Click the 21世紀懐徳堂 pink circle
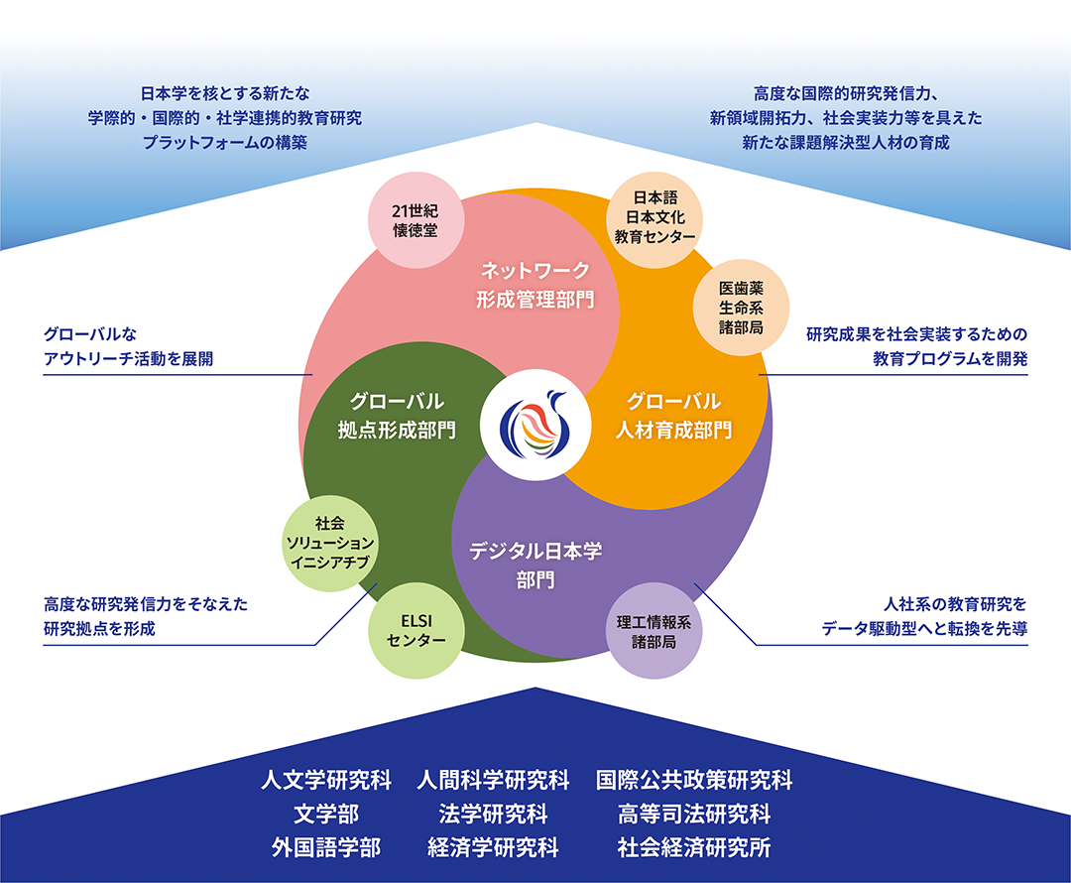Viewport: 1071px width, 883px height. click(x=416, y=220)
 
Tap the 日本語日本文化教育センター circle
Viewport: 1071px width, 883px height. click(x=654, y=219)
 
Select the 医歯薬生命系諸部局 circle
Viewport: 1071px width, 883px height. click(x=741, y=308)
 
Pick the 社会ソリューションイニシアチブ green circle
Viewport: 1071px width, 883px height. click(x=330, y=544)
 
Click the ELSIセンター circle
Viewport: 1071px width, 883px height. click(x=416, y=630)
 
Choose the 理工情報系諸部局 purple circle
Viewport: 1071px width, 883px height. click(x=654, y=631)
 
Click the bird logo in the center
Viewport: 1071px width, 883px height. click(x=535, y=425)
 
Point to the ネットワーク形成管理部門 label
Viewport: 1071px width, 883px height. click(x=535, y=285)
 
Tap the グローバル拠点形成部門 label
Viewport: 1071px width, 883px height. click(x=397, y=416)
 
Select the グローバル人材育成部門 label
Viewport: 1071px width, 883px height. click(x=673, y=416)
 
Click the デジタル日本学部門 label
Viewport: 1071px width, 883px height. click(x=535, y=566)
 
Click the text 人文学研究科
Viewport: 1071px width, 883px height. click(x=326, y=780)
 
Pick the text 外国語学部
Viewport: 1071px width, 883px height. click(x=326, y=847)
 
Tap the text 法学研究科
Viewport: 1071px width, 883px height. click(x=493, y=814)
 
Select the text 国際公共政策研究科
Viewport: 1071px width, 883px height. click(x=694, y=780)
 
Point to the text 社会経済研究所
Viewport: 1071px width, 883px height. click(x=694, y=847)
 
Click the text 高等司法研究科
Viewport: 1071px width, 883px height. click(x=694, y=814)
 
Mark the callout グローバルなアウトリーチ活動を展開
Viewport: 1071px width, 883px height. click(x=128, y=346)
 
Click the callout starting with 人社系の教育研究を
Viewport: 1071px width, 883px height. click(x=924, y=616)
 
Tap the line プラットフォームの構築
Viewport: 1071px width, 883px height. click(x=225, y=142)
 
